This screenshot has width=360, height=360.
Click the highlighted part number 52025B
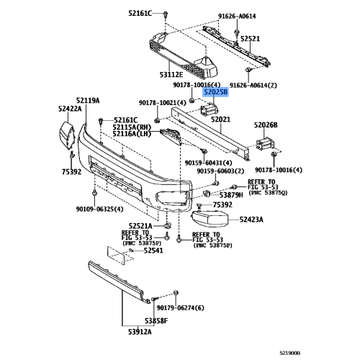point(215,93)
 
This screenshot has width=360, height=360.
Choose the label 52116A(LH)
point(135,133)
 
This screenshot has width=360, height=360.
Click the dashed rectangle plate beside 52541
point(117,253)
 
